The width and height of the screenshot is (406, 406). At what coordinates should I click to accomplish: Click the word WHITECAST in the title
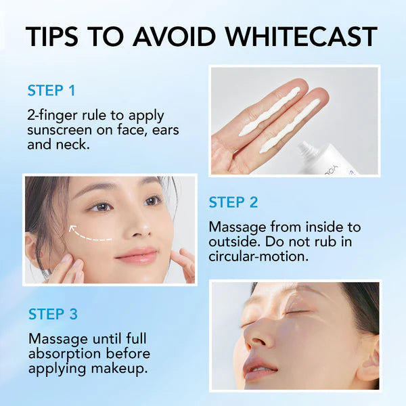pyautogui.click(x=301, y=37)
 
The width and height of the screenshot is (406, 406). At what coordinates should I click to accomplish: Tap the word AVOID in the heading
pyautogui.click(x=175, y=37)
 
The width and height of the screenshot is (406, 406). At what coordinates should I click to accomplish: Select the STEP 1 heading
pyautogui.click(x=51, y=91)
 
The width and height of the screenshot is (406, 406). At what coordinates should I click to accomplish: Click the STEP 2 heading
pyautogui.click(x=233, y=202)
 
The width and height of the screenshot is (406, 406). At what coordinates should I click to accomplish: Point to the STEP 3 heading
pyautogui.click(x=53, y=314)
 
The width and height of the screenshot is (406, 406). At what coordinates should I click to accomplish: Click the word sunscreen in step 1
pyautogui.click(x=60, y=130)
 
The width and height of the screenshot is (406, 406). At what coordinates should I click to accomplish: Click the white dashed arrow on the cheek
pyautogui.click(x=89, y=235)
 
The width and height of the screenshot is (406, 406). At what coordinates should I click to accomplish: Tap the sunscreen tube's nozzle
pyautogui.click(x=307, y=150)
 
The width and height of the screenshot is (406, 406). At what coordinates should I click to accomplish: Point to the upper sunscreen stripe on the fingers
pyautogui.click(x=269, y=112)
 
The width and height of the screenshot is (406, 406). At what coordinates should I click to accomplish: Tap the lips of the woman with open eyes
pyautogui.click(x=137, y=255)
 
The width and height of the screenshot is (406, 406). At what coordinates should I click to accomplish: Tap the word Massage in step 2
pyautogui.click(x=238, y=227)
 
